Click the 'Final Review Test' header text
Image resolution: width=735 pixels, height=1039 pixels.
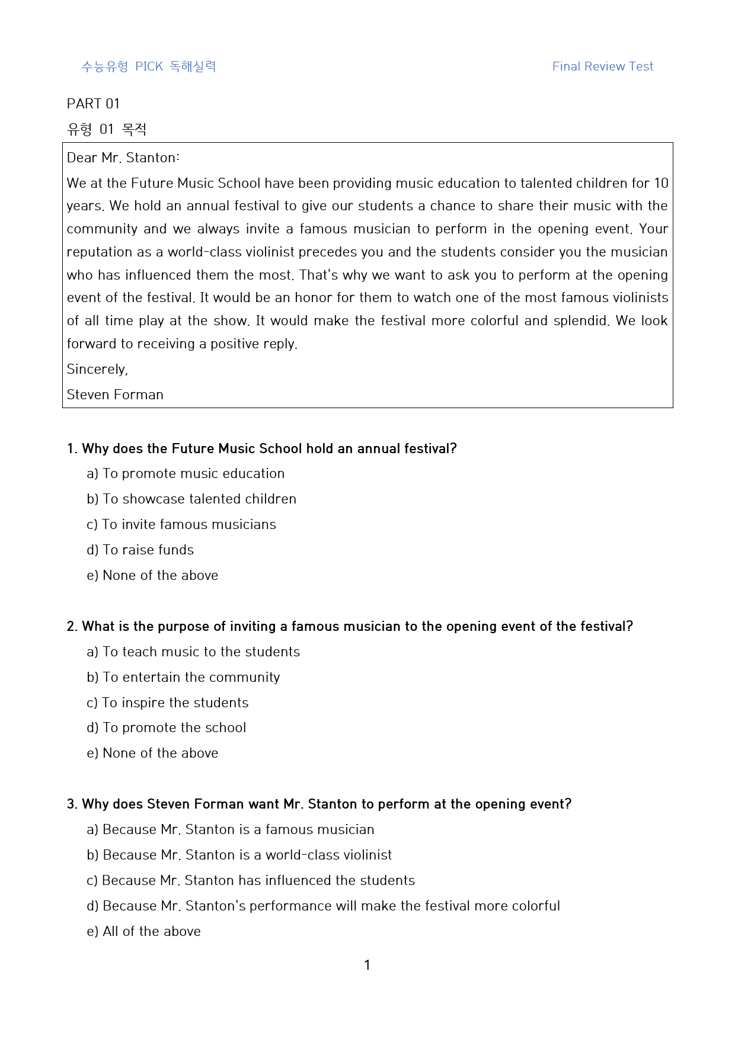point(602,66)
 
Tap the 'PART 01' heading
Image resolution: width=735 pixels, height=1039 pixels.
point(93,104)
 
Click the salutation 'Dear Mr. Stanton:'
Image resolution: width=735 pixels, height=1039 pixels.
point(123,158)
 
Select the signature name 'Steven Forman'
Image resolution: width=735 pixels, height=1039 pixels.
point(115,395)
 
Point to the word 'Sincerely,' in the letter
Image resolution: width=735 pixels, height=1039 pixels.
point(97,369)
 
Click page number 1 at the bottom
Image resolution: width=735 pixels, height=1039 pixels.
point(367,965)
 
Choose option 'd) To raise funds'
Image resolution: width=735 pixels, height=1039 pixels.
point(140,550)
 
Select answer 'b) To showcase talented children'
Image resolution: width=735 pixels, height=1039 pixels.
point(191,499)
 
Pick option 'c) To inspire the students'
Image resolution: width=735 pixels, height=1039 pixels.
point(168,703)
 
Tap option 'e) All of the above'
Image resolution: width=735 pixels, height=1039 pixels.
point(143,931)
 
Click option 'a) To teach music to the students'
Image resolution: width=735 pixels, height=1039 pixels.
point(193,652)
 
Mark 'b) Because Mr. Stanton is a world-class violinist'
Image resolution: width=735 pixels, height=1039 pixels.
point(239,855)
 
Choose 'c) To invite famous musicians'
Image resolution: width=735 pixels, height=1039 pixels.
point(181,524)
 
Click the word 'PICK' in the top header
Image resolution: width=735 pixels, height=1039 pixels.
point(149,66)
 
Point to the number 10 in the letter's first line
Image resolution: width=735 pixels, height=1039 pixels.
point(661,183)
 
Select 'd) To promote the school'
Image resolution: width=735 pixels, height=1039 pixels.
point(166,727)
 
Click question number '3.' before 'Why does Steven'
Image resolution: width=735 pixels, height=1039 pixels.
point(72,804)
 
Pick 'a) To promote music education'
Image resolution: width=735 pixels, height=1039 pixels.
point(186,473)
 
